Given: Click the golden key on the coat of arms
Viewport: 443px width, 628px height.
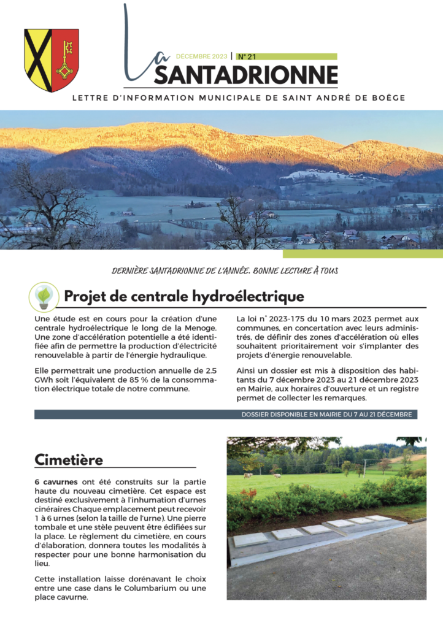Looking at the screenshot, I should pos(65,60).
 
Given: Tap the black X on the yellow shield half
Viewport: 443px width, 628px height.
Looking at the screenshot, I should pos(37,60).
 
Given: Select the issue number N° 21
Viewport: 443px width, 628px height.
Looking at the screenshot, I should pos(247,56).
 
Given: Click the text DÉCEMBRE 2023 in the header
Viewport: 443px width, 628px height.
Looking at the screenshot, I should pos(202,56).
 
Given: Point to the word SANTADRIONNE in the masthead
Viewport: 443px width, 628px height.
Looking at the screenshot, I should pos(245,75).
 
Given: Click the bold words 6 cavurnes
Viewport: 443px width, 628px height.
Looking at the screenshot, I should pos(57,482).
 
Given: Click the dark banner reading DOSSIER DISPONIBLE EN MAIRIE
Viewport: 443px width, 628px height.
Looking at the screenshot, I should pos(226,415).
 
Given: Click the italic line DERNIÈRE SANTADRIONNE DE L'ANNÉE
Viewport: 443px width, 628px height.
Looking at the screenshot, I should pos(225,270).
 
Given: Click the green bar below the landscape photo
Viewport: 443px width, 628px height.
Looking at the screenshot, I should pos(362,254).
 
